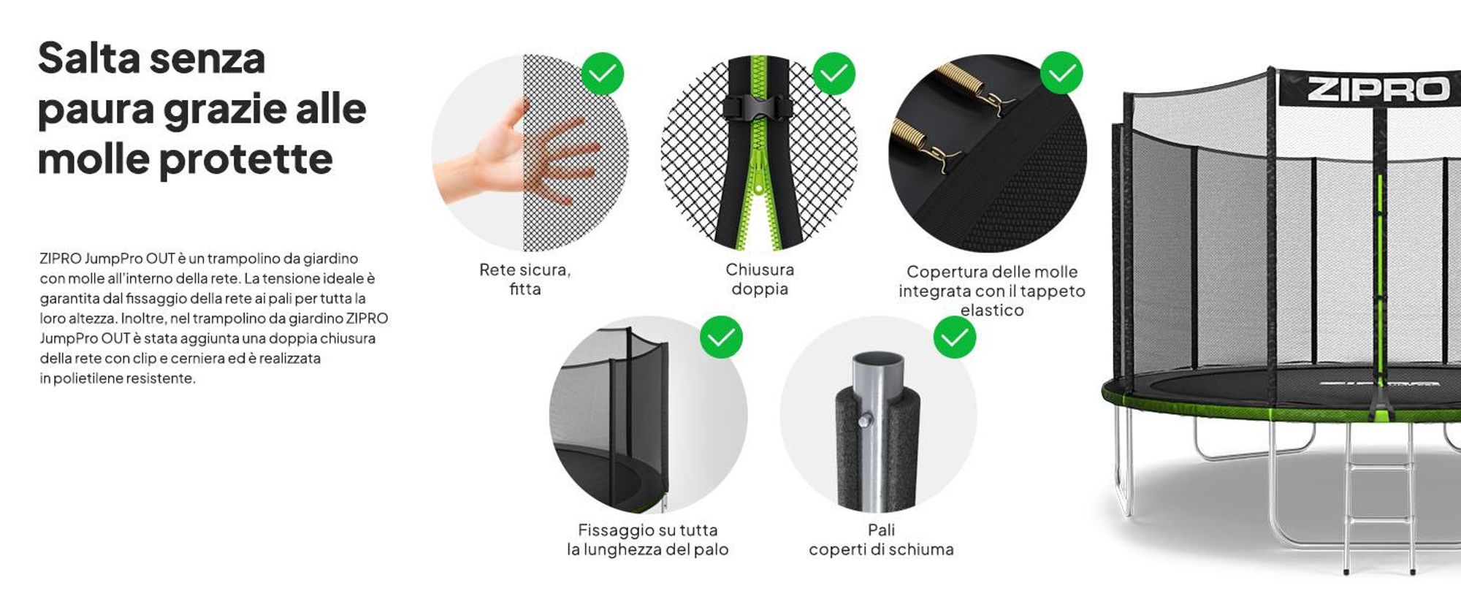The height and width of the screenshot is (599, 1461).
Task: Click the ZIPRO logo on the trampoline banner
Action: click(x=1378, y=89)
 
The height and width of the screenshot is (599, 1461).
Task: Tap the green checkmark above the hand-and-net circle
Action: click(x=603, y=73)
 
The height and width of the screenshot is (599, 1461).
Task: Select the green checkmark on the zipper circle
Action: click(x=834, y=73)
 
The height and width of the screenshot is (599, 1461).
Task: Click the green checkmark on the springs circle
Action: click(x=1061, y=72)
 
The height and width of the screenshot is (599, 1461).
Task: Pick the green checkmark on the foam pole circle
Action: click(x=955, y=337)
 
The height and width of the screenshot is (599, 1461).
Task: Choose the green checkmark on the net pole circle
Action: click(x=721, y=337)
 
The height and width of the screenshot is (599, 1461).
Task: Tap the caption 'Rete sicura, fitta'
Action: click(x=524, y=279)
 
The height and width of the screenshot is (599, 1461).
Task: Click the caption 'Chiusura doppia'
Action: click(x=760, y=279)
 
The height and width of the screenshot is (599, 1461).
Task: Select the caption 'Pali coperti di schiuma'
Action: click(x=881, y=540)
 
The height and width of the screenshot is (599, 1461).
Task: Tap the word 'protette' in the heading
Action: click(x=245, y=160)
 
